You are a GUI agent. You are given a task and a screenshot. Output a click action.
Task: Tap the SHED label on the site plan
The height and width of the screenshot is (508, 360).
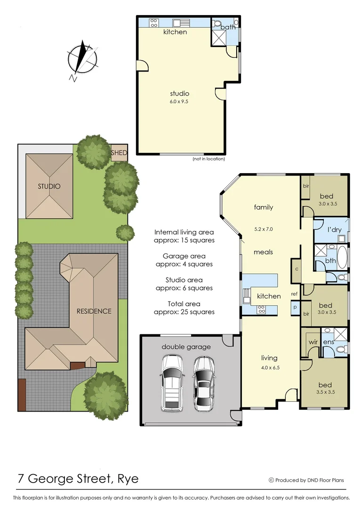(x=119, y=153)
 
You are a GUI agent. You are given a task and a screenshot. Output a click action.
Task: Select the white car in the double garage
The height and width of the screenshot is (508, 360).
(x=172, y=381)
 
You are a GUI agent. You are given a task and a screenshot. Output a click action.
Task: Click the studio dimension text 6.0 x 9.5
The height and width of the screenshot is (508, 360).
(x=179, y=101)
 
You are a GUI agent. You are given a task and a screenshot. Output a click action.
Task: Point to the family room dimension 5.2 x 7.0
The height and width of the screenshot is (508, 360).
(x=263, y=229)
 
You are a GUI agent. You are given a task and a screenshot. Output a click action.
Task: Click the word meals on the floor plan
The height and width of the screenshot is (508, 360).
(x=263, y=252)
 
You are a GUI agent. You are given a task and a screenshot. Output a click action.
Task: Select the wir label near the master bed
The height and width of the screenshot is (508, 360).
(x=313, y=342)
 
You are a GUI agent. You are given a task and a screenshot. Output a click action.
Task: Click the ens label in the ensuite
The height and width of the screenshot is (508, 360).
(x=328, y=342)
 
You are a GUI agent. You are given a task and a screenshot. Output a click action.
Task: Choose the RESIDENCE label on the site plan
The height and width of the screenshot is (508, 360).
(x=94, y=311)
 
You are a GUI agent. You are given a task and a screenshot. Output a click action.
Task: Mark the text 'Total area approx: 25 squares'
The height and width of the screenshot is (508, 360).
(x=184, y=308)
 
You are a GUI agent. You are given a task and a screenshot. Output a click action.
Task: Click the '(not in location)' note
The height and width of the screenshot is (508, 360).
(x=208, y=159)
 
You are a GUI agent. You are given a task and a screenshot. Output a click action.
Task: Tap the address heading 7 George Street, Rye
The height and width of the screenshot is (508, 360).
(x=78, y=479)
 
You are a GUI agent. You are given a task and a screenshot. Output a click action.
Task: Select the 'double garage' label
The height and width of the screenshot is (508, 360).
(x=186, y=347)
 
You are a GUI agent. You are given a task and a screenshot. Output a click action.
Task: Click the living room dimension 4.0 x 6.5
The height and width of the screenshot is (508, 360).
(x=270, y=368)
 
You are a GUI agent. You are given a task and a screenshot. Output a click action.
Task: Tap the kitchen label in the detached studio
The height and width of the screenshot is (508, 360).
(x=175, y=32)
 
